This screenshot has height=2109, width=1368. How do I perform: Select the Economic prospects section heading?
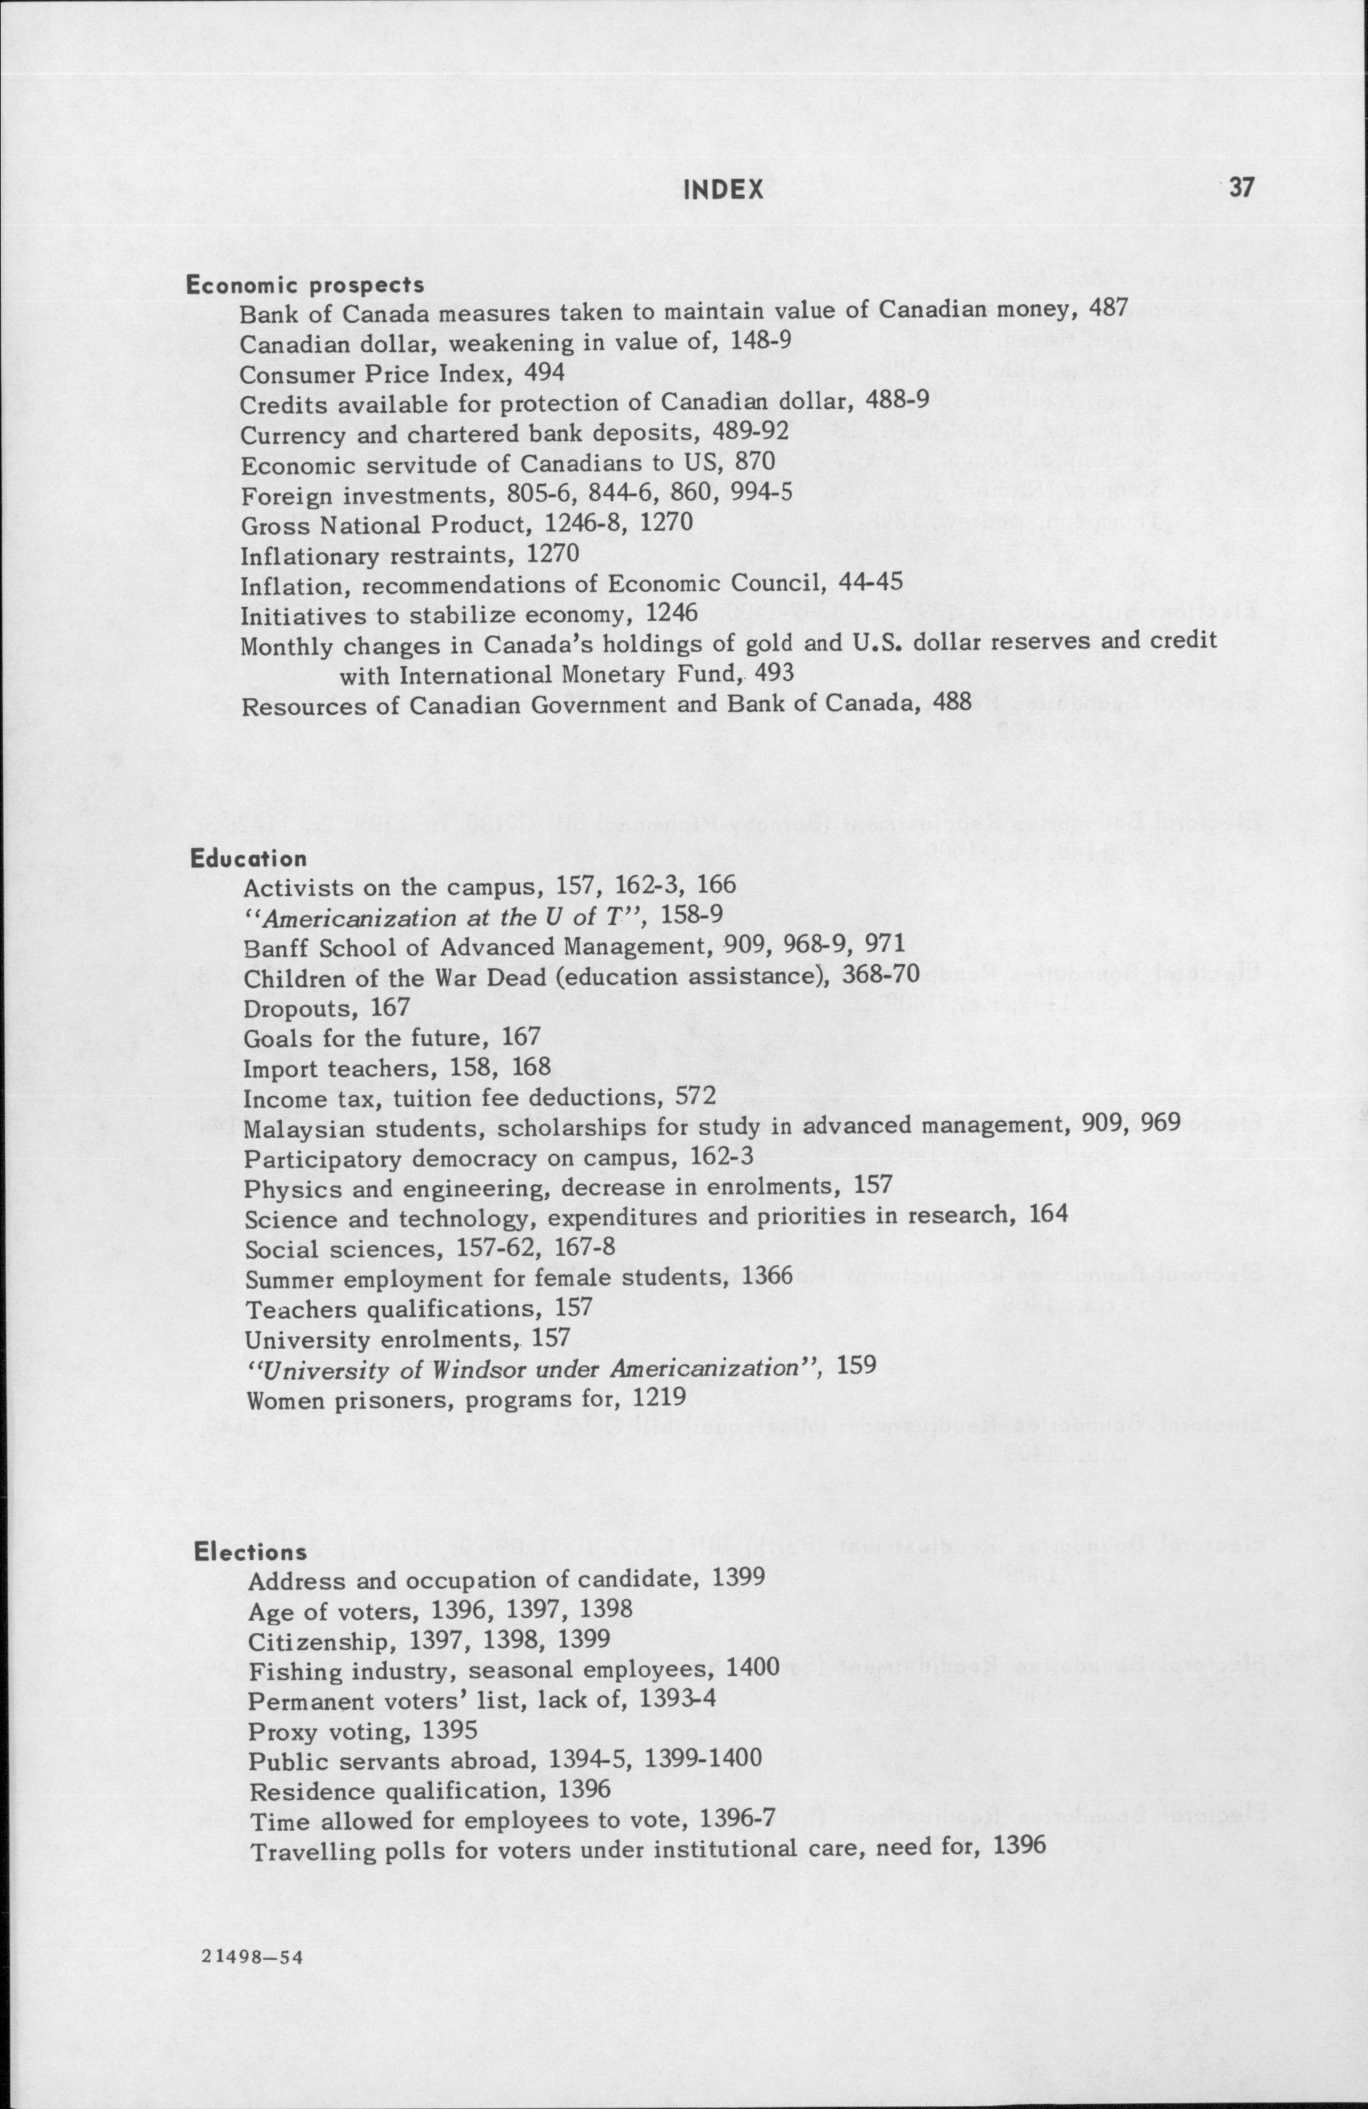[304, 285]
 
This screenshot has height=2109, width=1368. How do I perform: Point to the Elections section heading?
[251, 1551]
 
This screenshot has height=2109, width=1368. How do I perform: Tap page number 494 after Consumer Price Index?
[544, 373]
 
